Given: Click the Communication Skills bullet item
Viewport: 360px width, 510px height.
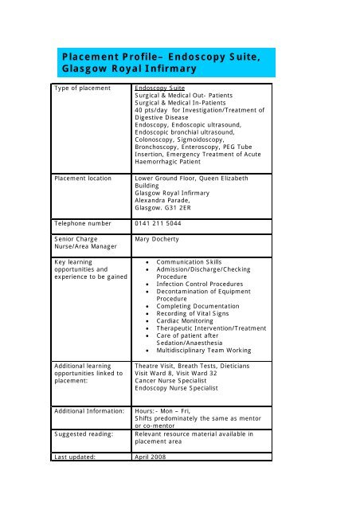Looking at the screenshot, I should click(x=190, y=261).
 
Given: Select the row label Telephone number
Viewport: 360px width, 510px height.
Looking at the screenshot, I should click(x=88, y=223).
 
